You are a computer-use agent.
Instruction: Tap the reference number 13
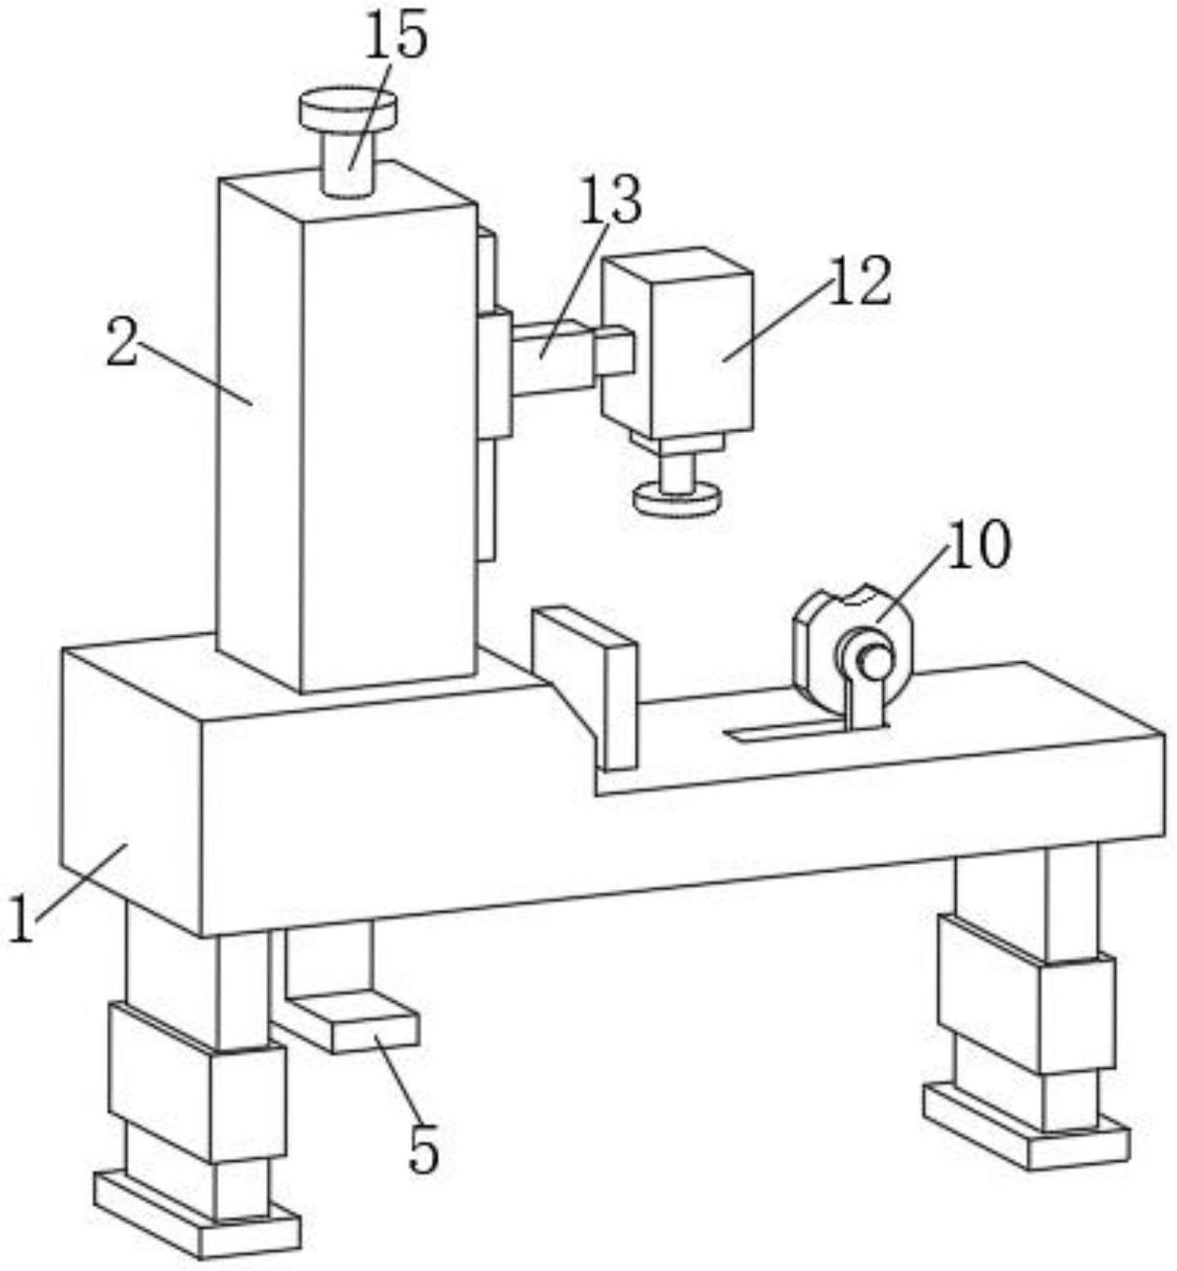click(x=609, y=199)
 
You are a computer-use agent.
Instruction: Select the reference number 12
click(x=859, y=281)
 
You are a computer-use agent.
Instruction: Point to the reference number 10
click(x=979, y=545)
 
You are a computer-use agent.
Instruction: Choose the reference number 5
click(x=423, y=1151)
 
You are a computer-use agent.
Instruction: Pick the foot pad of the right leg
click(x=1025, y=1126)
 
